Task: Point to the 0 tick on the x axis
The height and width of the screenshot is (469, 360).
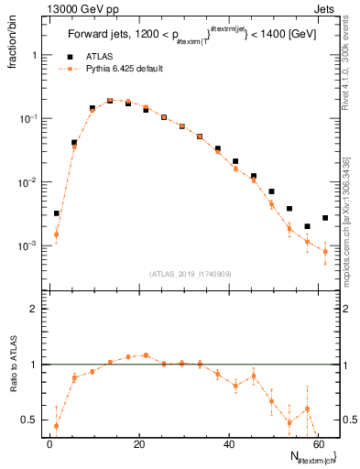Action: click(49, 445)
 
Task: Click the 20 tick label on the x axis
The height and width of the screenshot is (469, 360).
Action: click(139, 445)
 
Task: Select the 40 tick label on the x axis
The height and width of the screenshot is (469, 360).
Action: click(229, 445)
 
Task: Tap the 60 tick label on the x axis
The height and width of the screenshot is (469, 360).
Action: click(318, 445)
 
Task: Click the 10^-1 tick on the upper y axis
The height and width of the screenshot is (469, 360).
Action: click(28, 119)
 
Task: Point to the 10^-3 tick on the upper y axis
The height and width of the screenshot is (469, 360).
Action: click(28, 246)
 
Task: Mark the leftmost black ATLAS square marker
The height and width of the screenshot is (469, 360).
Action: click(56, 213)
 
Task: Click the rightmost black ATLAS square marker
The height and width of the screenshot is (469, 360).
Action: click(325, 218)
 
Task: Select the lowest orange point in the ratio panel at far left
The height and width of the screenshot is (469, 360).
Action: click(56, 426)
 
